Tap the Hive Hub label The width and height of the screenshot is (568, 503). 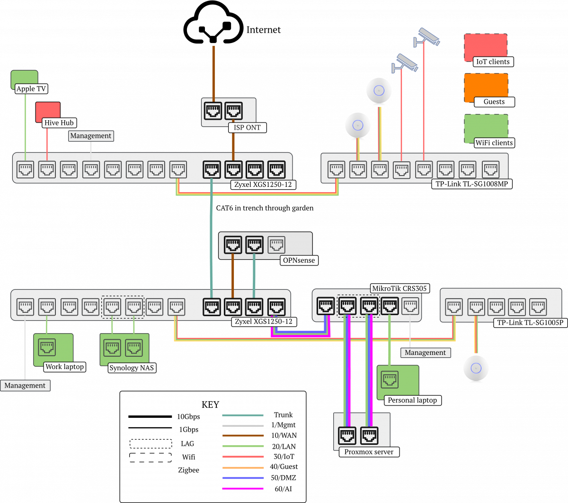(x=59, y=123)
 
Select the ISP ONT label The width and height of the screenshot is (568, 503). (x=247, y=127)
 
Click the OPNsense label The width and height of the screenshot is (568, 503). (x=298, y=260)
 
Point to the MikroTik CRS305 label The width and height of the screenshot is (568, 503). (x=399, y=288)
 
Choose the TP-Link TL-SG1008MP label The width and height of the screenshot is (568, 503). (x=471, y=184)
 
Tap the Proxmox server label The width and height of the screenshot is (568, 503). (x=369, y=452)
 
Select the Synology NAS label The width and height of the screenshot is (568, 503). (x=132, y=368)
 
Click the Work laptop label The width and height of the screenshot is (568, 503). (x=64, y=366)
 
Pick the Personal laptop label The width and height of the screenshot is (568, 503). (x=412, y=400)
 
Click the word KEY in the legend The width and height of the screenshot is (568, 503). (x=211, y=405)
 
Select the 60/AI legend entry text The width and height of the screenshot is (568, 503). (x=283, y=488)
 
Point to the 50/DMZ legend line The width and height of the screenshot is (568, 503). (x=242, y=478)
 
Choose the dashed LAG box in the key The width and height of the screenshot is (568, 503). (x=151, y=444)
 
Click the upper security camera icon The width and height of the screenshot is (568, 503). (x=428, y=36)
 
